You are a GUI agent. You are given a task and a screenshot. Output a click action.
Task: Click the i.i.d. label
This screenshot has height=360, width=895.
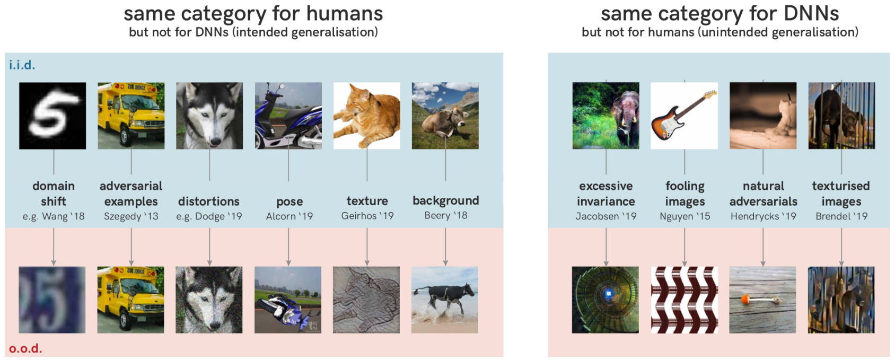tap(22, 65)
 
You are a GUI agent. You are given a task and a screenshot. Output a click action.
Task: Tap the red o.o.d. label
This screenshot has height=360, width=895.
tap(25, 348)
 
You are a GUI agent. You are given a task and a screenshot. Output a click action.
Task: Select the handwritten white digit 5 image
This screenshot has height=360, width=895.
tap(52, 116)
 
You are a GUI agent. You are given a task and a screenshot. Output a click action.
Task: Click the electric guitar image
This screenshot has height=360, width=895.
tap(684, 116)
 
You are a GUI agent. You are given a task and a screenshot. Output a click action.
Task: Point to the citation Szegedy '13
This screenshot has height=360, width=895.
tap(131, 216)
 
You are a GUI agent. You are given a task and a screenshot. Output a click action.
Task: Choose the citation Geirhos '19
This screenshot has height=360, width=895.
tap(367, 216)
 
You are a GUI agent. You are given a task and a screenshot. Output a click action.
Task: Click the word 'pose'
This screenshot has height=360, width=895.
tap(289, 202)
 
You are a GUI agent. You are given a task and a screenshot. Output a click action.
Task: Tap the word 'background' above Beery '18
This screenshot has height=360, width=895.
tap(445, 200)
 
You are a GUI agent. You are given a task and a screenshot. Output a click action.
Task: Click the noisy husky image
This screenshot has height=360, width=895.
tap(209, 300)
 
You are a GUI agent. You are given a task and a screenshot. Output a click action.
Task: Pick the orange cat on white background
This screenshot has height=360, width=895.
tap(367, 116)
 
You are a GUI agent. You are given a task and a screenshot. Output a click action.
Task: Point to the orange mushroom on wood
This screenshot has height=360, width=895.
tap(762, 300)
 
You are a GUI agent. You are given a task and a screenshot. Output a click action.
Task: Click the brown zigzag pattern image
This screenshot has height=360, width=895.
tap(685, 300)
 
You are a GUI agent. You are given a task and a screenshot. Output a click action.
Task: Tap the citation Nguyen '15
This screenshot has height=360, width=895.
tap(685, 216)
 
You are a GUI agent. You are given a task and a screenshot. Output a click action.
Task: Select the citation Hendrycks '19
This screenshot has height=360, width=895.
tap(763, 216)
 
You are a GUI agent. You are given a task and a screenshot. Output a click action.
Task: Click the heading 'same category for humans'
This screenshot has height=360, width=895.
tap(253, 14)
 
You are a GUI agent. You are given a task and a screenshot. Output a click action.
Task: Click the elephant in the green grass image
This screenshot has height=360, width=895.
tap(606, 116)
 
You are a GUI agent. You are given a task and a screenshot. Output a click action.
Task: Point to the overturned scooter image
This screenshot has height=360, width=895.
tap(288, 300)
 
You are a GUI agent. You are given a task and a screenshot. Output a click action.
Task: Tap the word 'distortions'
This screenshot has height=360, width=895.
tap(209, 201)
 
